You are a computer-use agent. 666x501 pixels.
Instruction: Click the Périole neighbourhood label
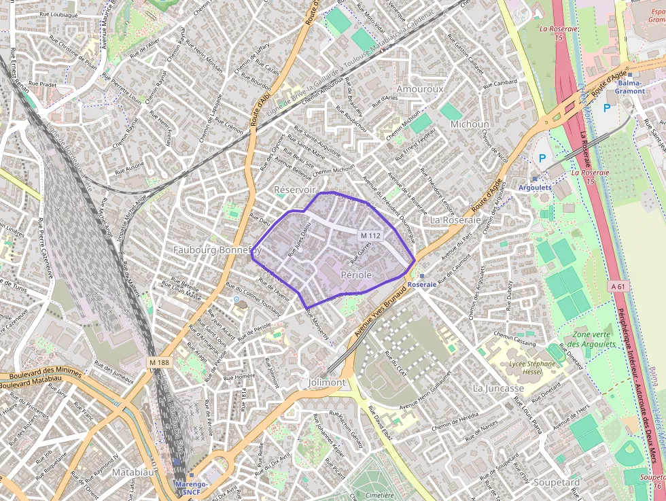tap(356, 275)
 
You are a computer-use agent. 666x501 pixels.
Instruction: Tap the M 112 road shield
tap(371, 235)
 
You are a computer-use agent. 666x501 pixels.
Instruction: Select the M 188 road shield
tap(159, 362)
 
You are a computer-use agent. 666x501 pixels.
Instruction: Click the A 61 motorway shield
tap(617, 287)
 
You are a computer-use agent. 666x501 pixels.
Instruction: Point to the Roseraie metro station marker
tap(422, 275)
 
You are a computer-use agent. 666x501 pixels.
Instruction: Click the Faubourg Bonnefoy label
tap(212, 250)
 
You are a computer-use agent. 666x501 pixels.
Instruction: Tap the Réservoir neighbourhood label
tap(295, 190)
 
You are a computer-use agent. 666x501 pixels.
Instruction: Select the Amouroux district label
tap(419, 89)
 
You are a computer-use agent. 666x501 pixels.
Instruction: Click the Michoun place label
tap(470, 124)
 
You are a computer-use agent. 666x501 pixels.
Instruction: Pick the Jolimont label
tap(326, 383)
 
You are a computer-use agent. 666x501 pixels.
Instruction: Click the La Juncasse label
tap(498, 388)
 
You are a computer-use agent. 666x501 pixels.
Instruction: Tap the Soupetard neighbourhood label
tap(557, 483)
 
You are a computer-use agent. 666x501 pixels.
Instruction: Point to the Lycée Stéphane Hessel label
tap(531, 368)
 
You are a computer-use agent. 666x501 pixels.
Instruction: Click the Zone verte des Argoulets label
tap(594, 339)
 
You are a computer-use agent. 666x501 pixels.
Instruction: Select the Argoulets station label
tap(535, 187)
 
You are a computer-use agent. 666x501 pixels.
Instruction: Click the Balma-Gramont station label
tap(629, 86)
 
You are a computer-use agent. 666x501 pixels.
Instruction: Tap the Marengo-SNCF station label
tap(192, 487)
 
